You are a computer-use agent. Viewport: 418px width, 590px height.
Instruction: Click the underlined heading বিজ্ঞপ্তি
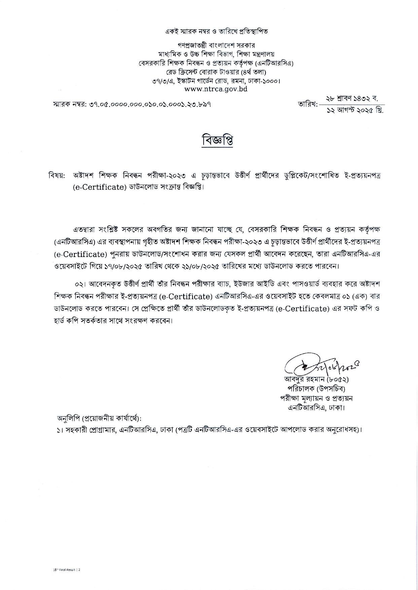coord(217,141)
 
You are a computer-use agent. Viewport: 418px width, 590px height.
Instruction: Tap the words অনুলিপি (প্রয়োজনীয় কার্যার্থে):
coord(99,419)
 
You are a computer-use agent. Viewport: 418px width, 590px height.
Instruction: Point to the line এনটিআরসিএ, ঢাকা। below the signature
coord(316,408)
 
